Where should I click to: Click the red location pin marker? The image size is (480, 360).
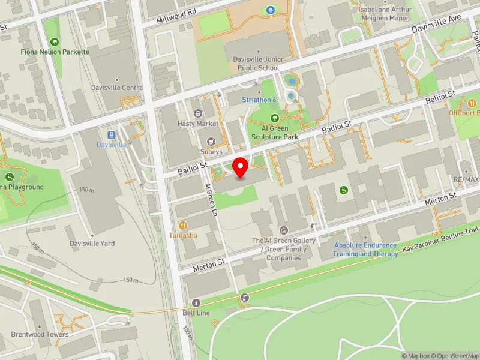(x=241, y=167)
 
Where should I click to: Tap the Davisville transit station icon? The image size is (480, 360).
(x=112, y=135)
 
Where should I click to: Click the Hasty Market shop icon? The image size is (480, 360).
(x=198, y=113)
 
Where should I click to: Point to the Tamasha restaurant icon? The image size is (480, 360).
(x=182, y=225)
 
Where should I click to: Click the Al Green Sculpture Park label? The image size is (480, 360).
(x=274, y=132)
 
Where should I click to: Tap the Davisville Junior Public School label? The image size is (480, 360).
(x=256, y=64)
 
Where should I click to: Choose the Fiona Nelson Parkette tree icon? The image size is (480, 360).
(x=55, y=42)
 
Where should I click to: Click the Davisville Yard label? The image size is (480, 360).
(x=91, y=244)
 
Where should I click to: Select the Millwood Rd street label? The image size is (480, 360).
(x=176, y=16)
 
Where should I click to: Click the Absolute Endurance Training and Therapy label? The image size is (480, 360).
(x=366, y=250)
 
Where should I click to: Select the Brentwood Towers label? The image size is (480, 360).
(x=40, y=334)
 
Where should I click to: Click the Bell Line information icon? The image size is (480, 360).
(x=196, y=302)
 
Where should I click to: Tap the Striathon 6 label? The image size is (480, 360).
(x=259, y=100)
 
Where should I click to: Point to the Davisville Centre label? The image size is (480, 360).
(x=117, y=88)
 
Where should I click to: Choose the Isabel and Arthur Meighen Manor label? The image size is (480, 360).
(x=385, y=13)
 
